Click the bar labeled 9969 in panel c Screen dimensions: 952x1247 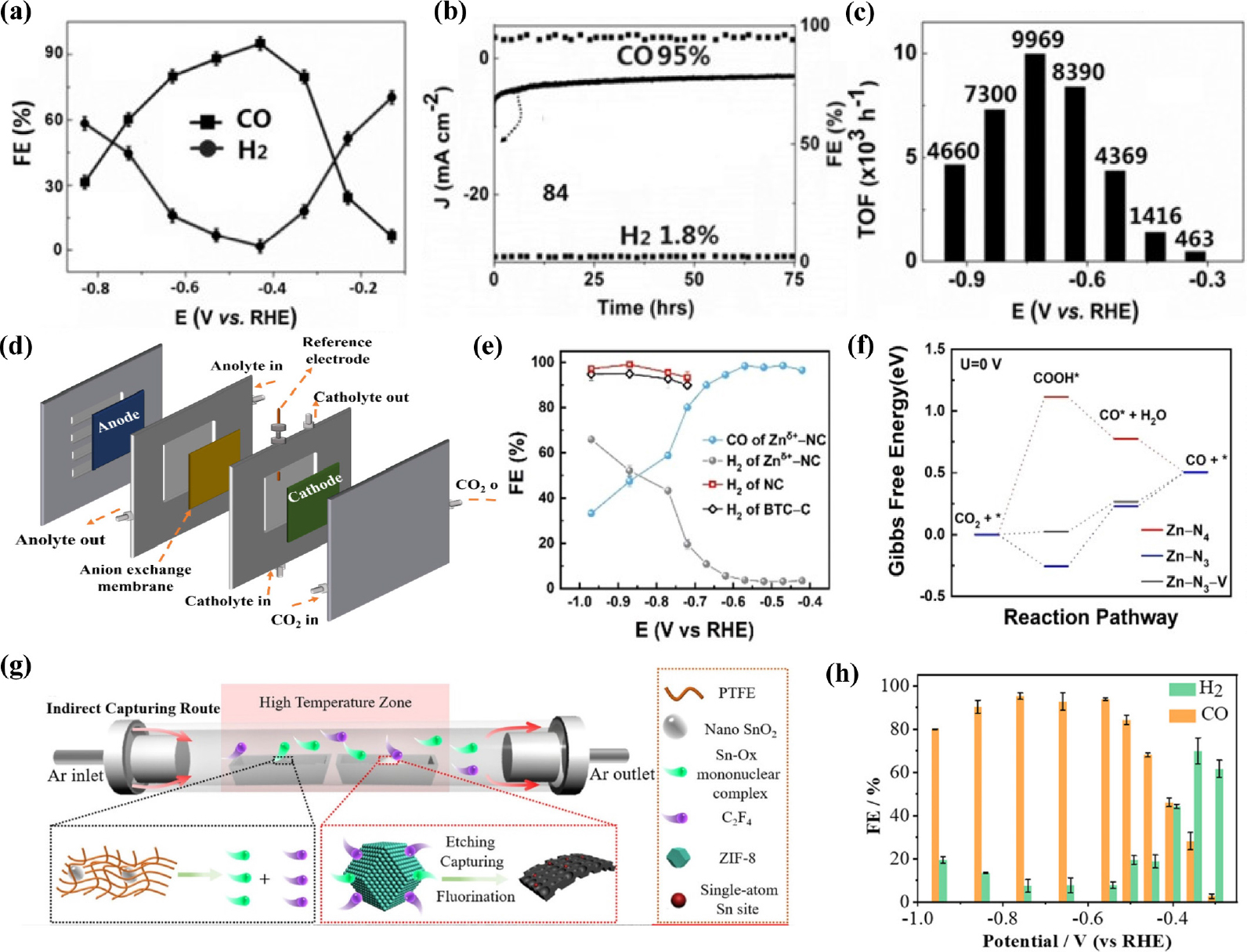pyautogui.click(x=1035, y=157)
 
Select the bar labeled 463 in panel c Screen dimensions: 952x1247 pyautogui.click(x=1195, y=256)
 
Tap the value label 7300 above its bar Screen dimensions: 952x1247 pyautogui.click(x=990, y=95)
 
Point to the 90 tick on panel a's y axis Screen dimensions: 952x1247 pyautogui.click(x=54, y=53)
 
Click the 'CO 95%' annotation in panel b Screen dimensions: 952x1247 pyautogui.click(x=663, y=56)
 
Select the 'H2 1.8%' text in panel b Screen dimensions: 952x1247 pyautogui.click(x=669, y=235)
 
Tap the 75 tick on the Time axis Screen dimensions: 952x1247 pyautogui.click(x=793, y=280)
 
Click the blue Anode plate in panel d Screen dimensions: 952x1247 pyautogui.click(x=118, y=429)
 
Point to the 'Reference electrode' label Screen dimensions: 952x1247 pyautogui.click(x=338, y=350)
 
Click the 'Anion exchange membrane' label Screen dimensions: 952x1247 pyautogui.click(x=136, y=577)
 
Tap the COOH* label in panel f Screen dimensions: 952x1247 pyautogui.click(x=1056, y=378)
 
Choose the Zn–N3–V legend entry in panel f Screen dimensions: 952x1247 pyautogui.click(x=1185, y=581)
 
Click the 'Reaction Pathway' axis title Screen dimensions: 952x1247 pyautogui.click(x=1090, y=617)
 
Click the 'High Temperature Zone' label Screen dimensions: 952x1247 pyautogui.click(x=335, y=702)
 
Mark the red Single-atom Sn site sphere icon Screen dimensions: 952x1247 pyautogui.click(x=678, y=900)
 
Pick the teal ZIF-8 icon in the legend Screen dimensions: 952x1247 pyautogui.click(x=678, y=858)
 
